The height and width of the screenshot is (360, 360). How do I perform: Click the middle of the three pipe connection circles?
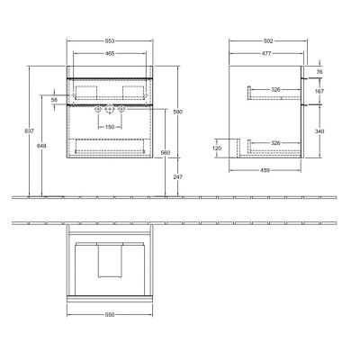coord(108,109)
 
